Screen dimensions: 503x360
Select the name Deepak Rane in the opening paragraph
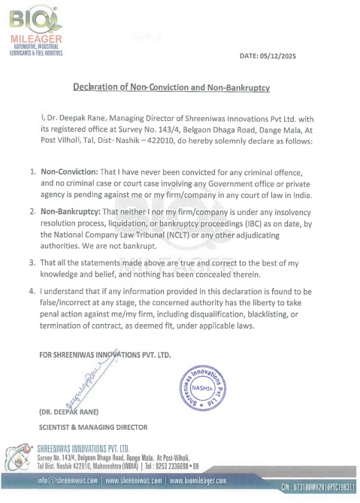coord(75,117)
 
